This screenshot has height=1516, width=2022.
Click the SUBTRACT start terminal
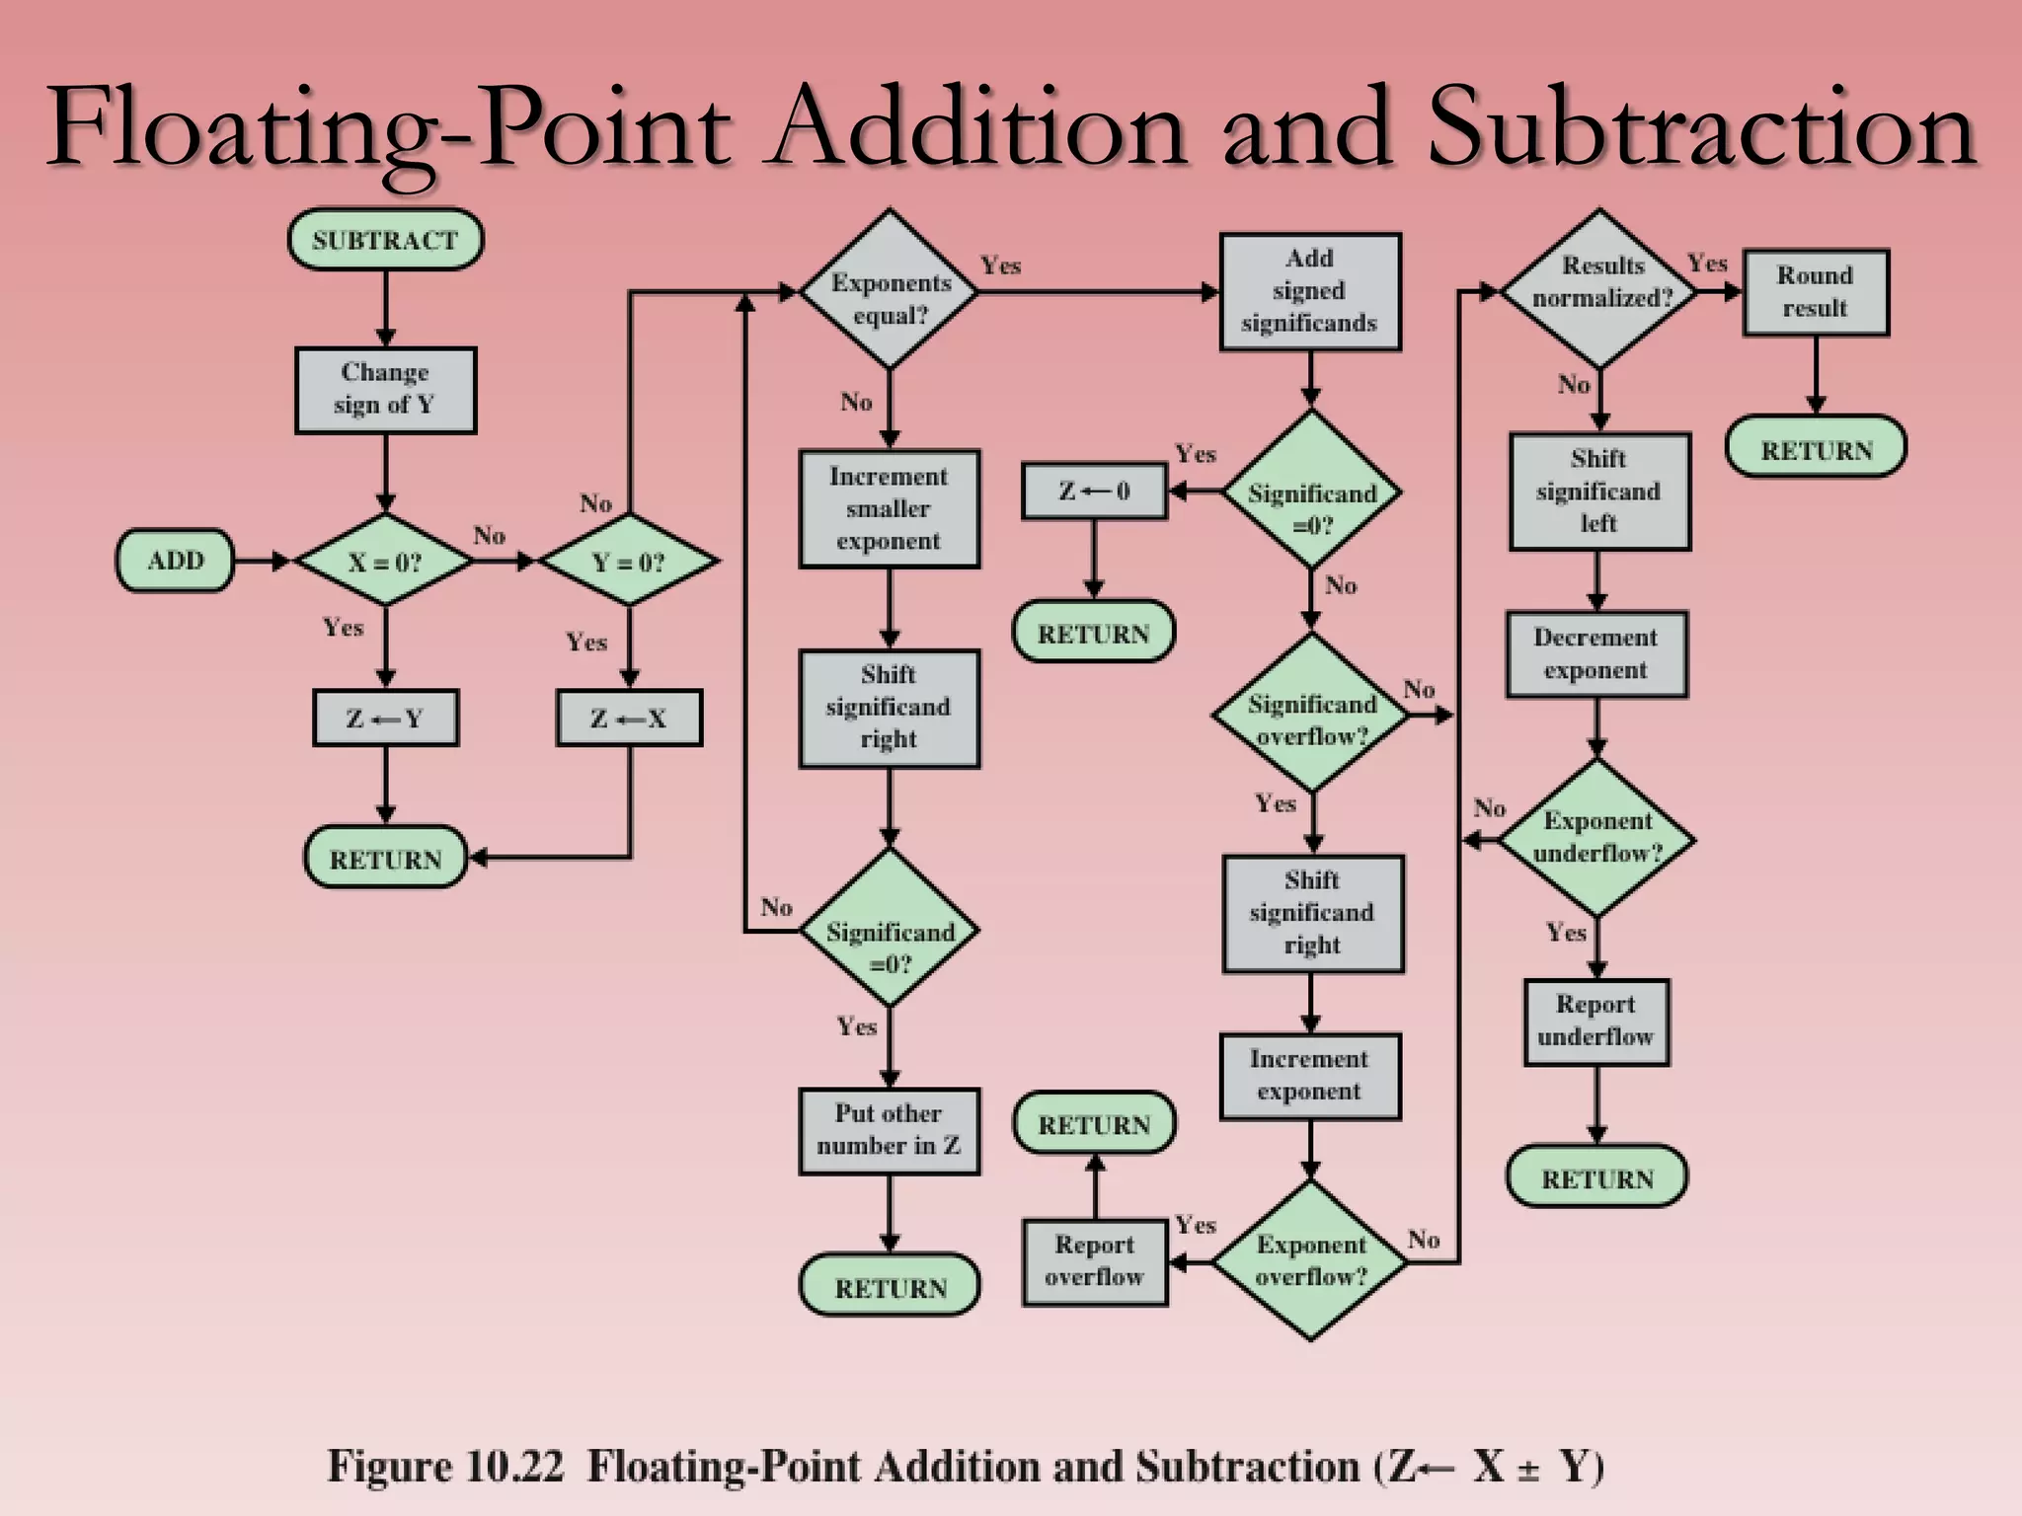click(x=385, y=239)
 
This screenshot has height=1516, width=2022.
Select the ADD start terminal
click(x=175, y=561)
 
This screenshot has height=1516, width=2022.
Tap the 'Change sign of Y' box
click(x=385, y=390)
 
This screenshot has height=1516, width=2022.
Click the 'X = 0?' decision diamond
click(x=385, y=561)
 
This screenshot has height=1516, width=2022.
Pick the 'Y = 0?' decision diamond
click(x=629, y=561)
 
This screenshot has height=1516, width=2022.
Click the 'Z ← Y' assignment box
click(x=385, y=718)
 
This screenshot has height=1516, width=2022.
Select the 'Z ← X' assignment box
click(x=629, y=718)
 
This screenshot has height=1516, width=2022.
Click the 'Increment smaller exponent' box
click(x=889, y=508)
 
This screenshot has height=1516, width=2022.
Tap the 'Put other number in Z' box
click(x=889, y=1130)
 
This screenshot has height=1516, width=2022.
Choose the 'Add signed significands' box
click(x=1309, y=291)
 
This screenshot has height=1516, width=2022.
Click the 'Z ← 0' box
click(x=1094, y=491)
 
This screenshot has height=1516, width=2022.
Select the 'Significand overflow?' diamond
click(x=1311, y=714)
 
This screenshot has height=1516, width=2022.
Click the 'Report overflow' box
click(x=1094, y=1261)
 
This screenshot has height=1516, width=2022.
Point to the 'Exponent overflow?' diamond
click(x=1310, y=1260)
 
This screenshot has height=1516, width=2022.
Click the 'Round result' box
click(x=1815, y=292)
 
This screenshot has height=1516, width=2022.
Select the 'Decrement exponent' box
click(x=1595, y=653)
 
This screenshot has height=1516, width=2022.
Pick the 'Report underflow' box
click(x=1595, y=1021)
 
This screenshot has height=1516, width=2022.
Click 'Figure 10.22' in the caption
click(x=444, y=1466)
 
